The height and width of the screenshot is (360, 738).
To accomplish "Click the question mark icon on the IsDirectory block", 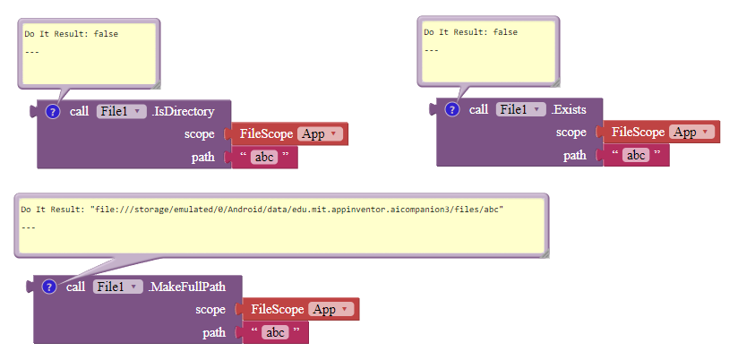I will (52, 112).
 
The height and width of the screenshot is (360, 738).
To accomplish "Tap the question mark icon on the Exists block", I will (451, 109).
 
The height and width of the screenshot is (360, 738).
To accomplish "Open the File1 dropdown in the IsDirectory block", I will (121, 112).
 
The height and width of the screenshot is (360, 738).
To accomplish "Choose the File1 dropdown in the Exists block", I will (520, 109).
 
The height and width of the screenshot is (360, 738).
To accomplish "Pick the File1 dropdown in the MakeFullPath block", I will (117, 287).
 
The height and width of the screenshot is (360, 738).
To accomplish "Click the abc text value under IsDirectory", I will (264, 157).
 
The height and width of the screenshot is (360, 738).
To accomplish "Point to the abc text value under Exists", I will (636, 155).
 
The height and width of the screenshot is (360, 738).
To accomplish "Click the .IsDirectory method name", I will (183, 112).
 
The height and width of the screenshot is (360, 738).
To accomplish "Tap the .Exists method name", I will (569, 109).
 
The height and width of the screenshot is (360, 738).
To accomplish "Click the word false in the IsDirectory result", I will (106, 34).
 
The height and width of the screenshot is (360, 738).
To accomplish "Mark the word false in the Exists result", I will (505, 32).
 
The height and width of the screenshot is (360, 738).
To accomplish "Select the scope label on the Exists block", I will (571, 132).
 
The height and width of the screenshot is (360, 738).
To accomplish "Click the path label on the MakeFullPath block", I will (215, 332).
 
